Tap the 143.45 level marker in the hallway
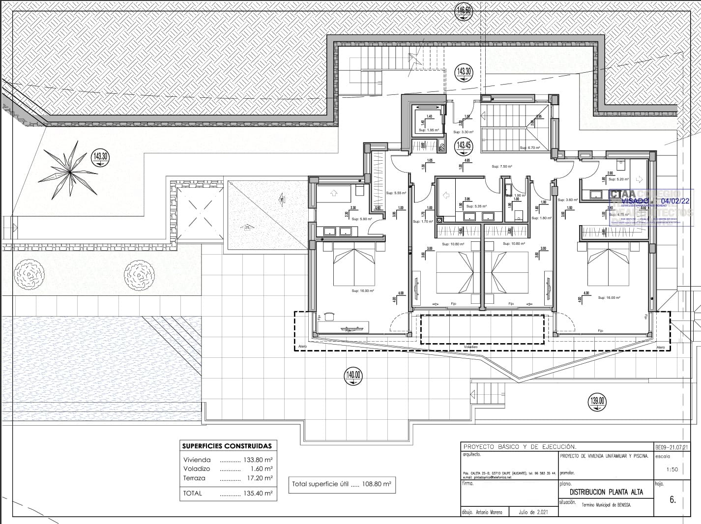click(x=464, y=145)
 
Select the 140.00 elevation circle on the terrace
click(x=353, y=376)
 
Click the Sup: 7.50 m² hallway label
click(x=502, y=167)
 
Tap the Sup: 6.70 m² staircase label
click(x=529, y=147)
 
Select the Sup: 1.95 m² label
click(x=428, y=130)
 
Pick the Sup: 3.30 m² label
click(x=463, y=132)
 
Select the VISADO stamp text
click(x=636, y=201)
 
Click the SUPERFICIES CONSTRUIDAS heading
click(x=227, y=446)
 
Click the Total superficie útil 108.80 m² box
click(x=342, y=484)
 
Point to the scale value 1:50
click(x=672, y=469)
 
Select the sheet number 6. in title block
click(x=672, y=500)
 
